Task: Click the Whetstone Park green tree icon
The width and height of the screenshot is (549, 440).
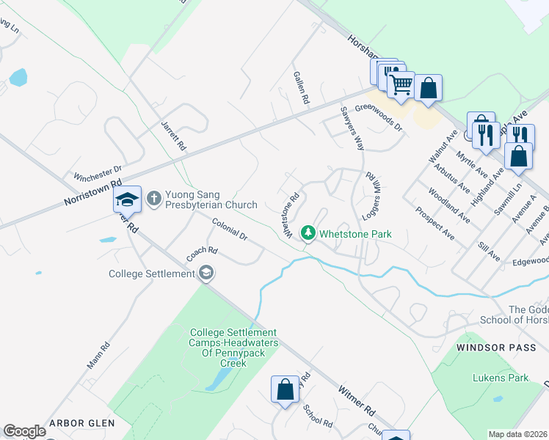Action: tap(309, 233)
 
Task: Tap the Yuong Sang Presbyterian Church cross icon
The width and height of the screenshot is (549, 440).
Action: tap(154, 198)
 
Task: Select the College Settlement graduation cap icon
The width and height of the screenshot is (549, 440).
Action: tap(207, 274)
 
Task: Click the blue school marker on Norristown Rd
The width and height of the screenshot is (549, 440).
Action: tap(127, 199)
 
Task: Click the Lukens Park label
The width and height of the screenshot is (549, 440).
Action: tap(501, 378)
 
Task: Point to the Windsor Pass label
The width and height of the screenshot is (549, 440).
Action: tap(487, 346)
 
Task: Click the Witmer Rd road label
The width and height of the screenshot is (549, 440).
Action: tap(357, 399)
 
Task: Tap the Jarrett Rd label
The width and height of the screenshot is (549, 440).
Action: tap(174, 136)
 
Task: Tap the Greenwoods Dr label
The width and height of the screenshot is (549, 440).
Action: tap(379, 117)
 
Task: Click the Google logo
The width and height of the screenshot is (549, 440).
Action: tap(24, 430)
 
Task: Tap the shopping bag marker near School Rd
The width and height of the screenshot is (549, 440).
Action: tap(285, 390)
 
